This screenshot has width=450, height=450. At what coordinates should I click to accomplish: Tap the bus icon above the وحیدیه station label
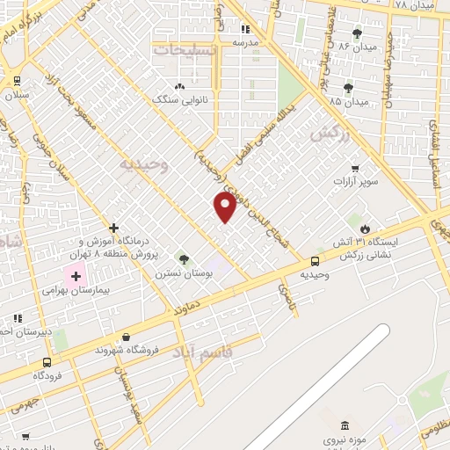315,261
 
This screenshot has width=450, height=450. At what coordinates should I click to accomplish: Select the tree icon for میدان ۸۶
381,33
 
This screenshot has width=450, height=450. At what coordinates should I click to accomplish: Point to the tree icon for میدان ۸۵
349,88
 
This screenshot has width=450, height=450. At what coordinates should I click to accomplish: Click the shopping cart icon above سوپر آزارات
354,168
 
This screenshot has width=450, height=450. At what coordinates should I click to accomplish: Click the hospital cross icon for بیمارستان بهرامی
76,277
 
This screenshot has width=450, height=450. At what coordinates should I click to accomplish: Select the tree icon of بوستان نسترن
184,259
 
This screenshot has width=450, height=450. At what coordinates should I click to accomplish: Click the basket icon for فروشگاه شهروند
127,337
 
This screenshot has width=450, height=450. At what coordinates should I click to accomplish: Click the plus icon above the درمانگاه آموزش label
113,227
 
